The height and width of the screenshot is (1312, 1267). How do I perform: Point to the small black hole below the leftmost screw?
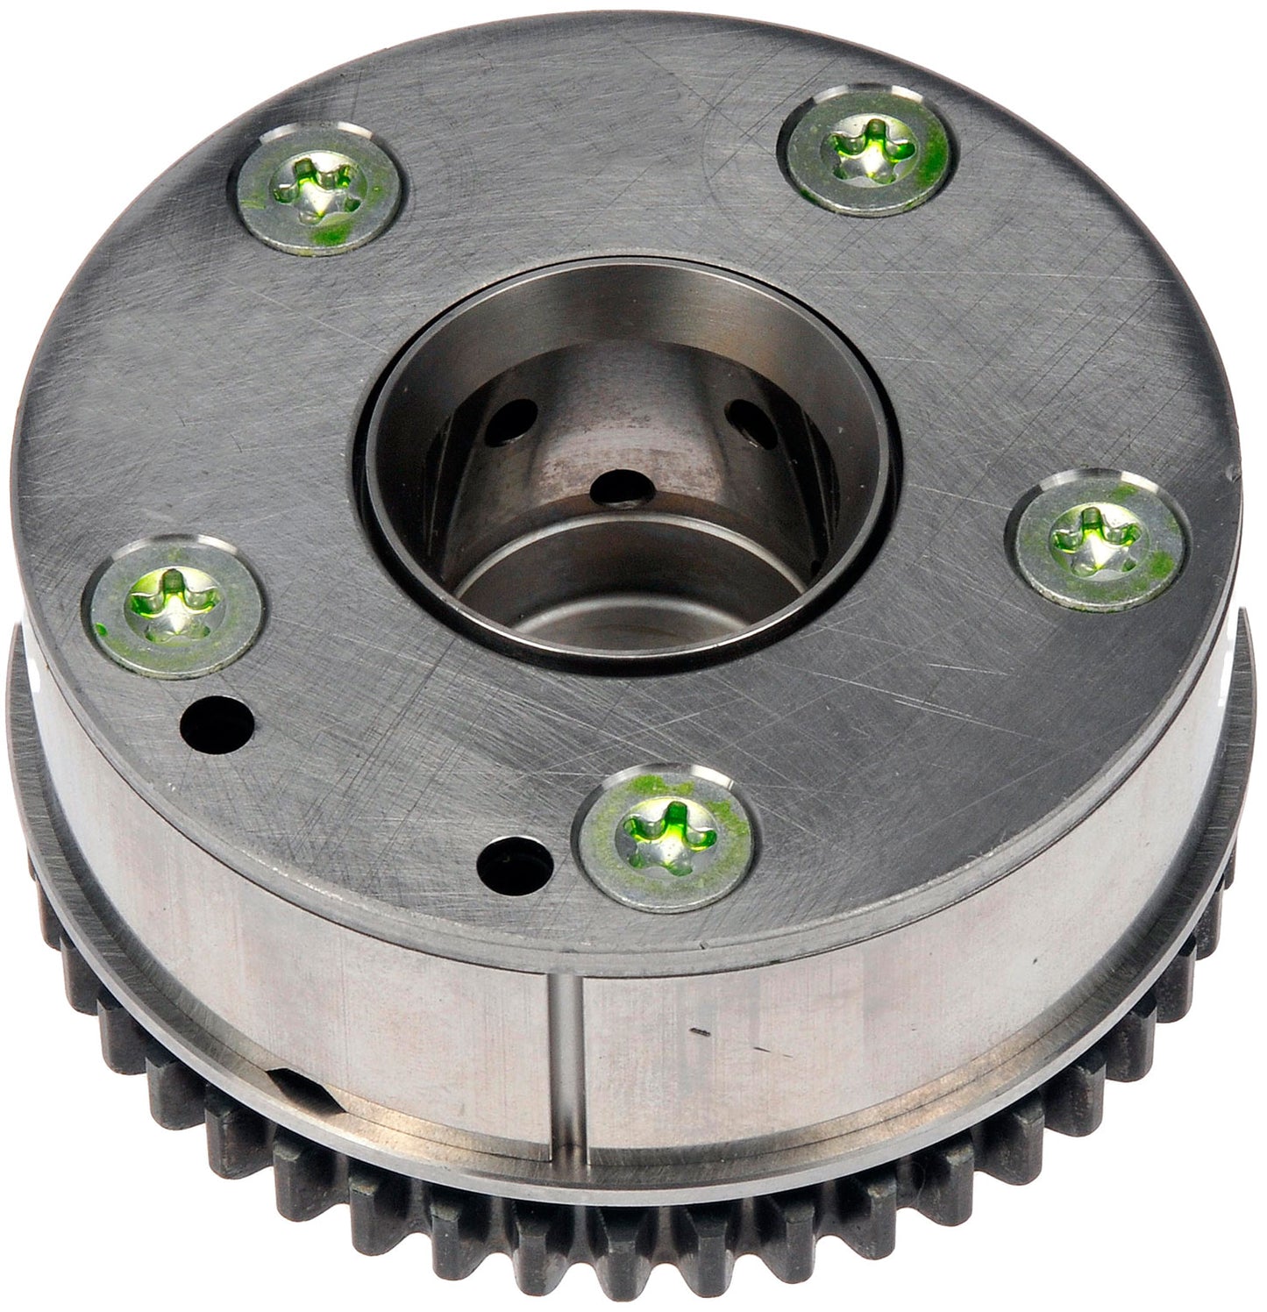(x=217, y=722)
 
